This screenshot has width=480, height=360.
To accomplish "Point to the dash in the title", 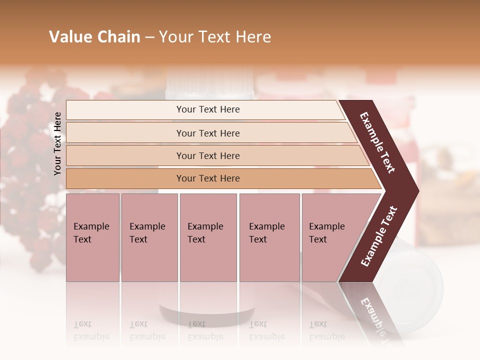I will point(149,37).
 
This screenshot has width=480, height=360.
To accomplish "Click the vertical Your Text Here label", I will point(57,143).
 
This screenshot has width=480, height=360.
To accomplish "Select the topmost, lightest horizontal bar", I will point(205,109).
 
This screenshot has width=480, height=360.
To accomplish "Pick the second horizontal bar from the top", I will point(210,133).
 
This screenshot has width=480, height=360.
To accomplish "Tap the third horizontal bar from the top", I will point(215,155).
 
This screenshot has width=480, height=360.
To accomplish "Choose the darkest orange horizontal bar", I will point(220,178).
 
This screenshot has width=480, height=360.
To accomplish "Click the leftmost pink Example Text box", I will point(92,237).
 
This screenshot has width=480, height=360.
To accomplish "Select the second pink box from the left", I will point(149,237).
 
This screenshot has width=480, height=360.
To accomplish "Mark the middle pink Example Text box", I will point(208,237).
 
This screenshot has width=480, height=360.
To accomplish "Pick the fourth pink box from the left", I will point(269,237).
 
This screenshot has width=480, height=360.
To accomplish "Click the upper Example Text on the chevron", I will point(377,142).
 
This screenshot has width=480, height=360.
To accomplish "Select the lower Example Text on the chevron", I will point(379,236).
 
